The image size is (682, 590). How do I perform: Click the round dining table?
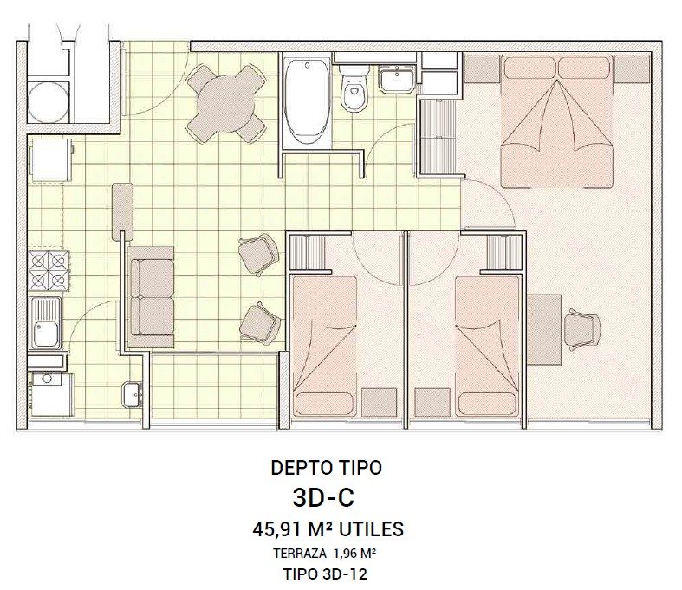click(x=226, y=103)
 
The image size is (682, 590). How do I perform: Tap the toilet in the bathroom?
click(x=354, y=89)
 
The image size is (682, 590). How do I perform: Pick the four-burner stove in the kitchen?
click(x=49, y=270)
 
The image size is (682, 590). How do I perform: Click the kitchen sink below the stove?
click(x=45, y=323)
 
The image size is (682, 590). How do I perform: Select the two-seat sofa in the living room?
click(x=151, y=297)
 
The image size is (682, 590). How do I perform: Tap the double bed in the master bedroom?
click(x=557, y=121)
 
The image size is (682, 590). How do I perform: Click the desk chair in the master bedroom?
click(x=584, y=329)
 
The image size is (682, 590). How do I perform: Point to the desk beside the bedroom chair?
click(x=544, y=329)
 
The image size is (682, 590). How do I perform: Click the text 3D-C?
click(x=323, y=498)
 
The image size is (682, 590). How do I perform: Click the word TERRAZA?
click(x=300, y=554)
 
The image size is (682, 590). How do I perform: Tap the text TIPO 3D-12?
click(x=325, y=574)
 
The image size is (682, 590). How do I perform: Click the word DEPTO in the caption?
click(x=301, y=468)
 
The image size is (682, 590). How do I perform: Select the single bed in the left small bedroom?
click(x=324, y=346)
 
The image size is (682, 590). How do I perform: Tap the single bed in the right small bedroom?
click(x=488, y=346)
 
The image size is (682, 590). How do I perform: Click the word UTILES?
click(x=371, y=529)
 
